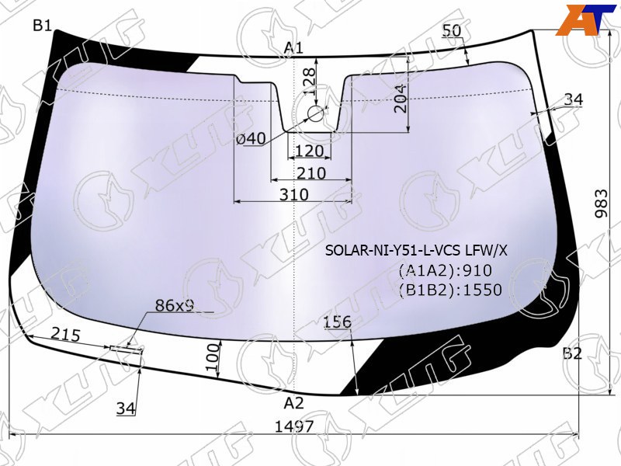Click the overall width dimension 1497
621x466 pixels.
294,426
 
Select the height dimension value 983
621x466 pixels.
601,203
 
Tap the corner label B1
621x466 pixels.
43,26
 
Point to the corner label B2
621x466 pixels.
572,353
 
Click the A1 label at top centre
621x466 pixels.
294,48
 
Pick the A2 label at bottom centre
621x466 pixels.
294,403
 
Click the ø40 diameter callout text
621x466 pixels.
251,139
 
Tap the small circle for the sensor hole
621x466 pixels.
316,114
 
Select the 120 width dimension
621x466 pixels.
309,151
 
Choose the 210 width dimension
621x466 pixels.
311,173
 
